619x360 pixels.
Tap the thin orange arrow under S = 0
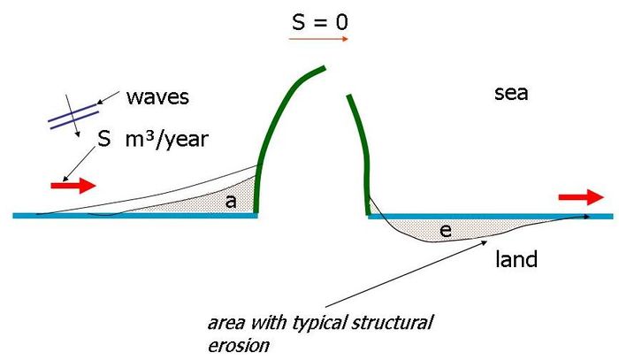click(319, 40)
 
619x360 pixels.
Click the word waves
click(157, 96)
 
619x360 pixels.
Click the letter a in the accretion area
click(230, 202)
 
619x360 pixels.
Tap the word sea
click(511, 92)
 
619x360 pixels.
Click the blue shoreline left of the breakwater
click(133, 215)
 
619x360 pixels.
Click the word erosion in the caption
click(236, 344)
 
